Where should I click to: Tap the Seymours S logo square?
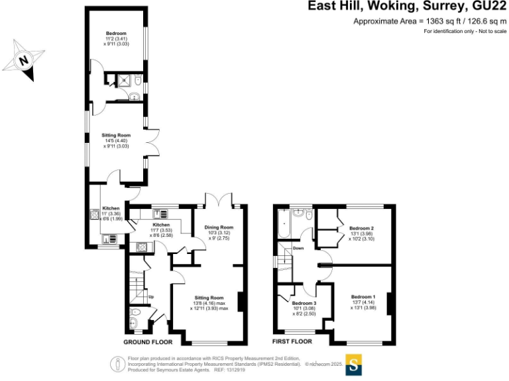[x=354, y=364]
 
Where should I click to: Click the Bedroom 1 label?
[x=363, y=296]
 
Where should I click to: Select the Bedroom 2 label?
[x=362, y=228]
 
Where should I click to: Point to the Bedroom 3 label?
[x=306, y=303]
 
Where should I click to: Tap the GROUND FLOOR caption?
[x=148, y=343]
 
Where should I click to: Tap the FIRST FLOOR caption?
[x=292, y=342]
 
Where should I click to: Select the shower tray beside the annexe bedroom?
[x=122, y=81]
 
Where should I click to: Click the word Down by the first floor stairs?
[x=298, y=249]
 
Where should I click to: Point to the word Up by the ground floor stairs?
[x=150, y=296]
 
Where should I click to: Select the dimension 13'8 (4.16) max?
[x=209, y=303]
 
